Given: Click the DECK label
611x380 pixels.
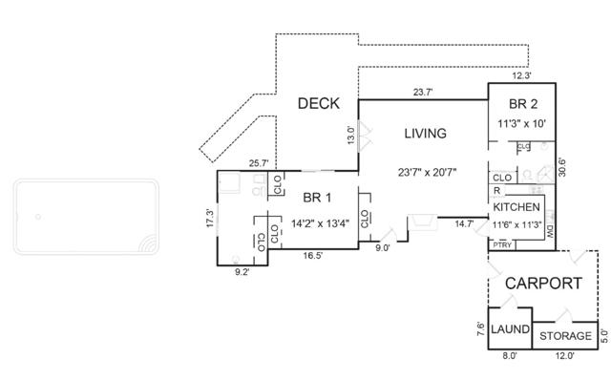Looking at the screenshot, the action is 318,103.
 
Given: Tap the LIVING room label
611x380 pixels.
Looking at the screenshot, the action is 425,134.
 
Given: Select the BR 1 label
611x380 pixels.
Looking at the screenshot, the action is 317,198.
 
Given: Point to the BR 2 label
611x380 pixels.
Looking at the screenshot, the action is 523,104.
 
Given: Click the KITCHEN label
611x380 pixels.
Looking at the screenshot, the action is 516,207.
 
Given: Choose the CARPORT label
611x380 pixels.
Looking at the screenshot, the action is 543,284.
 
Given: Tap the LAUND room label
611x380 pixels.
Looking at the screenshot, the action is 510,329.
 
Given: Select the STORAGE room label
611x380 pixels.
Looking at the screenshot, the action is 565,335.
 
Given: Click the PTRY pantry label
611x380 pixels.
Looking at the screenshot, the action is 502,245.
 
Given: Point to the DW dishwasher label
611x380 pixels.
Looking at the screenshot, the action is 550,231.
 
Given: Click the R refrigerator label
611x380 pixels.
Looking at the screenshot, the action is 496,191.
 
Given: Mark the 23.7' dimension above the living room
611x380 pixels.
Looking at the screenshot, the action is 423,93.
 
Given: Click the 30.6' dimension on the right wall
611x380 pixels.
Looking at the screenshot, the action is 561,167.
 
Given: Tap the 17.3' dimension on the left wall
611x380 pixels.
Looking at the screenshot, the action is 210,219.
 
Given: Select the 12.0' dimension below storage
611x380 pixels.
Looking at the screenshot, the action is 564,355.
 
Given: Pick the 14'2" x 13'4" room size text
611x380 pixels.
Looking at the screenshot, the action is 321,223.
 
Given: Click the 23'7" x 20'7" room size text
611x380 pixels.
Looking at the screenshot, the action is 427,172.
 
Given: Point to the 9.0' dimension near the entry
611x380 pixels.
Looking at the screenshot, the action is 382,248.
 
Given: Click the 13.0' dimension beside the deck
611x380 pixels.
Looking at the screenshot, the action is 351,136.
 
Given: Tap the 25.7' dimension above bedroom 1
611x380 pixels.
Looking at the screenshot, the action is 259,163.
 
